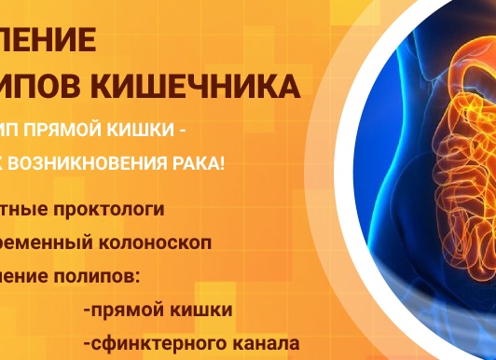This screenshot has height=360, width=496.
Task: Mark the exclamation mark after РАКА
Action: tap(226, 165)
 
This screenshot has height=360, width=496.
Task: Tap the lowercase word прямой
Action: tap(123, 310)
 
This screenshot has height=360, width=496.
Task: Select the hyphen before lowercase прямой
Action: tap(86, 311)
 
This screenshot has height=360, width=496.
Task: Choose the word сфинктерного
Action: tap(155, 342)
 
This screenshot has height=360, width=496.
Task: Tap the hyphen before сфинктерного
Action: tap(86, 343)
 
